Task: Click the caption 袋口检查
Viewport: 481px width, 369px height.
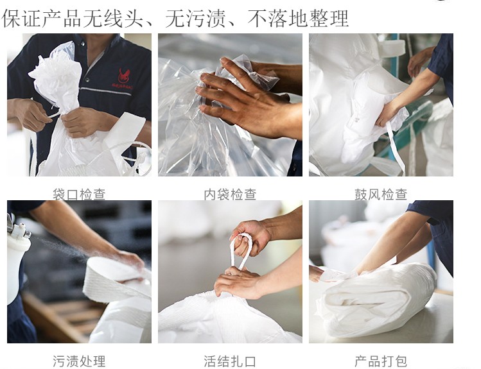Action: [x=79, y=194]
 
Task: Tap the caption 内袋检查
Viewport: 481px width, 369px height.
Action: [x=230, y=194]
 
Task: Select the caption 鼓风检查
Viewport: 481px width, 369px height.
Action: [x=381, y=194]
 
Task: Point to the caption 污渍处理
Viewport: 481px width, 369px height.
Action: [x=79, y=361]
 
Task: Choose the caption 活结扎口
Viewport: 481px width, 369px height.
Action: [x=230, y=361]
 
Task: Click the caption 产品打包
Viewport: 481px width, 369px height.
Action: [x=381, y=361]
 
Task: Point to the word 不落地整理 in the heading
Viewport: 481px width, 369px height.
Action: [x=298, y=19]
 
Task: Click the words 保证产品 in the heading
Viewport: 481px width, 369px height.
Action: [x=42, y=19]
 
